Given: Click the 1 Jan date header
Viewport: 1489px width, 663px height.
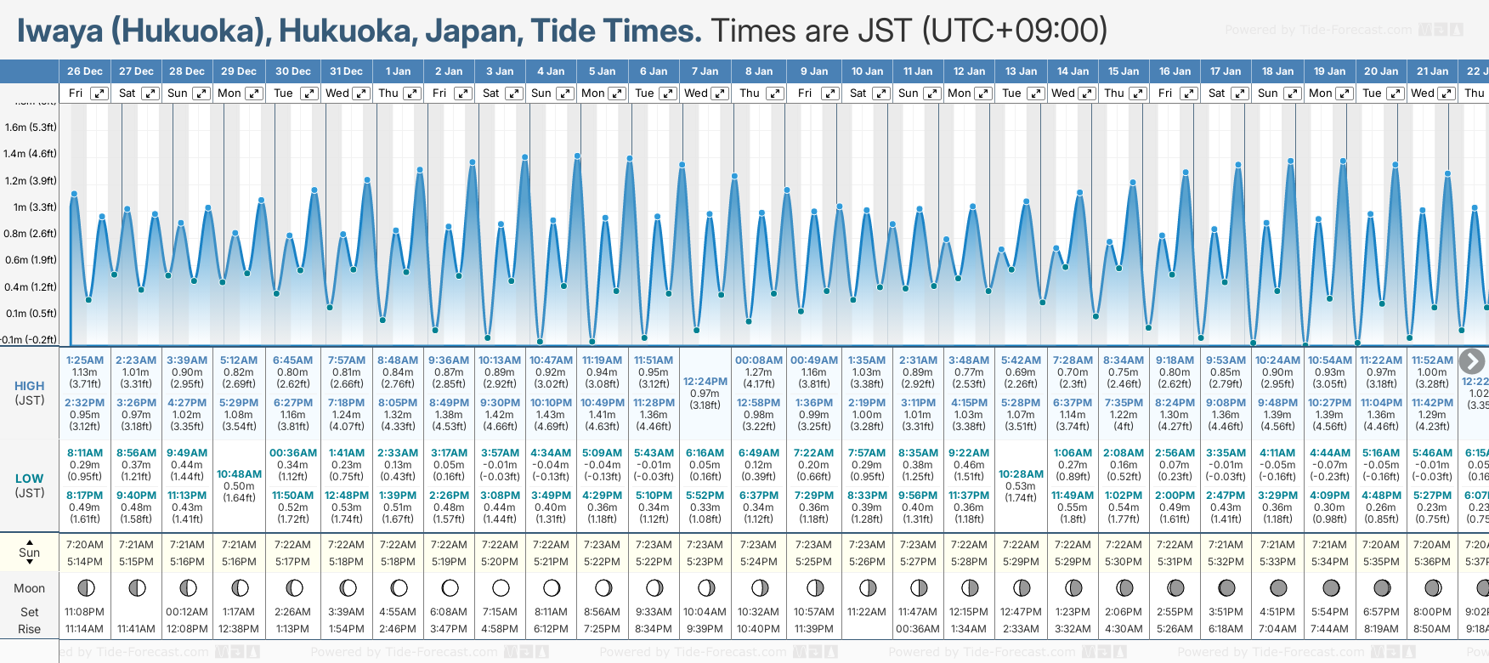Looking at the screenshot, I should (x=398, y=71).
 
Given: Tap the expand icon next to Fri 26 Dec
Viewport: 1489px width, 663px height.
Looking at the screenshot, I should (x=99, y=93).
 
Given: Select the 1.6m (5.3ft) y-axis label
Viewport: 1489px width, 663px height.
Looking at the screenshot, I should (x=31, y=127).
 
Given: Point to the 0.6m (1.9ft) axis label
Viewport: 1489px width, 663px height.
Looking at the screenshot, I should (x=31, y=260).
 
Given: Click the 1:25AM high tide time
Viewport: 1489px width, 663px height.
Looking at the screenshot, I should (x=85, y=360).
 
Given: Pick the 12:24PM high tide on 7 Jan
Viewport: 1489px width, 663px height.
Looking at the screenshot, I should (x=705, y=382).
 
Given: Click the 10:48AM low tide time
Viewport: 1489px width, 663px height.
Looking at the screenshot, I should (x=239, y=473).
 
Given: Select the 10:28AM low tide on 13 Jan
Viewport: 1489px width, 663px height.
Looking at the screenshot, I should (x=1021, y=473).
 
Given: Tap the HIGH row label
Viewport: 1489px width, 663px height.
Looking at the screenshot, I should (x=30, y=386).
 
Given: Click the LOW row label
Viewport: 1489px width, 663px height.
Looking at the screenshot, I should (x=30, y=479).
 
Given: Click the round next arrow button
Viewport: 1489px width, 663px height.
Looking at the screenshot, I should (x=1472, y=361).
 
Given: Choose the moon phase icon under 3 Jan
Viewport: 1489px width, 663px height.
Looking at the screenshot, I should (x=501, y=587).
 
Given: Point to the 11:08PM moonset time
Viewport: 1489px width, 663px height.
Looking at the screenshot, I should (x=85, y=612).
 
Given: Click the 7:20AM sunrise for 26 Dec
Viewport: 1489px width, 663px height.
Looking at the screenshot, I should (x=85, y=545).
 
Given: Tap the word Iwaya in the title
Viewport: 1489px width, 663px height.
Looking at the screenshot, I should (x=59, y=31).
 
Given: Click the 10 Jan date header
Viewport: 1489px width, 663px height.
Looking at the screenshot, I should (x=867, y=71).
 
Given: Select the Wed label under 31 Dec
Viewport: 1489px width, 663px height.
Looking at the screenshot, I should (x=337, y=93).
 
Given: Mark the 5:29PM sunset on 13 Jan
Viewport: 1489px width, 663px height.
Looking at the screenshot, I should (x=1021, y=562).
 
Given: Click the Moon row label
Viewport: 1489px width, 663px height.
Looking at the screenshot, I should (x=30, y=588).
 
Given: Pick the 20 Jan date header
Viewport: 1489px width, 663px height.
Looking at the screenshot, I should (x=1381, y=71).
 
